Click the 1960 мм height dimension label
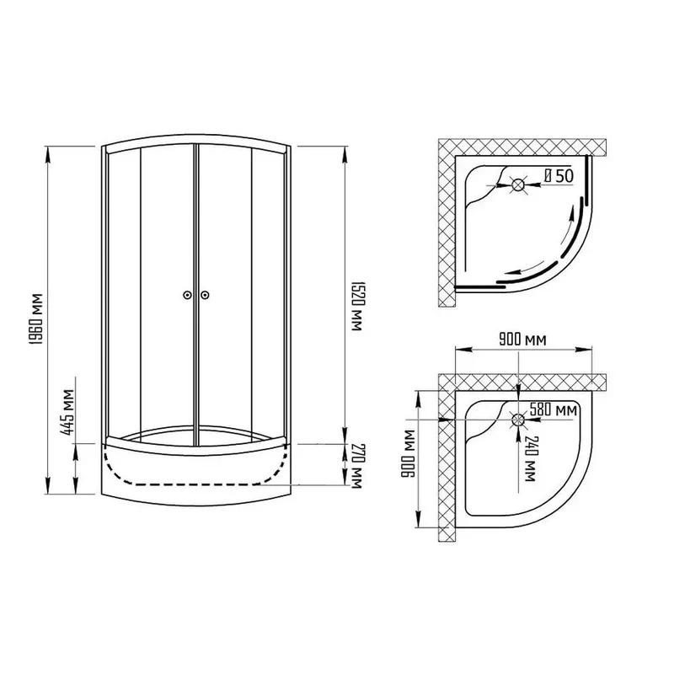pos(37,319)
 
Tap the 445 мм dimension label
pos(68,412)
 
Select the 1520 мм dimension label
pos(357,306)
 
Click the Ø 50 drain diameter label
pos(559,175)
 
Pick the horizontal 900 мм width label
pos(522,340)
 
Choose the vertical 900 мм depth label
pos(407,453)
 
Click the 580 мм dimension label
pos(554,409)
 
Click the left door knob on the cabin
pos(187,295)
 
